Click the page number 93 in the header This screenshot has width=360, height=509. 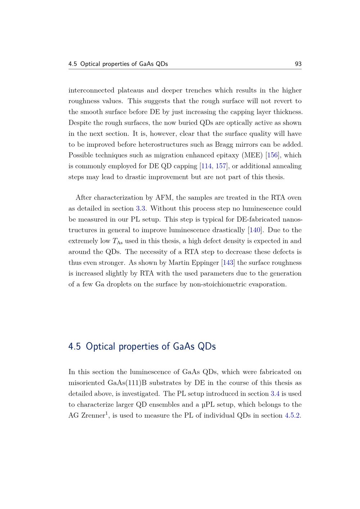pyautogui.click(x=298, y=64)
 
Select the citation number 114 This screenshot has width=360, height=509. pyautogui.click(x=206, y=166)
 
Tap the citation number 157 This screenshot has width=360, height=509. pyautogui.click(x=221, y=166)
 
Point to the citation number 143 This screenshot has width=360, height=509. pyautogui.click(x=228, y=262)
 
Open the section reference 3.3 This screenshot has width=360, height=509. pyautogui.click(x=140, y=208)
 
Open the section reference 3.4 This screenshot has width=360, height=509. pyautogui.click(x=275, y=393)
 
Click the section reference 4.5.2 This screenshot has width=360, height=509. pyautogui.click(x=292, y=415)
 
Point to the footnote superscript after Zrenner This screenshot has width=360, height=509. pyautogui.click(x=107, y=413)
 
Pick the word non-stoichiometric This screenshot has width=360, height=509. pyautogui.click(x=218, y=284)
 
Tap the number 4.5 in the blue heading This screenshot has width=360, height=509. pyautogui.click(x=74, y=346)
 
